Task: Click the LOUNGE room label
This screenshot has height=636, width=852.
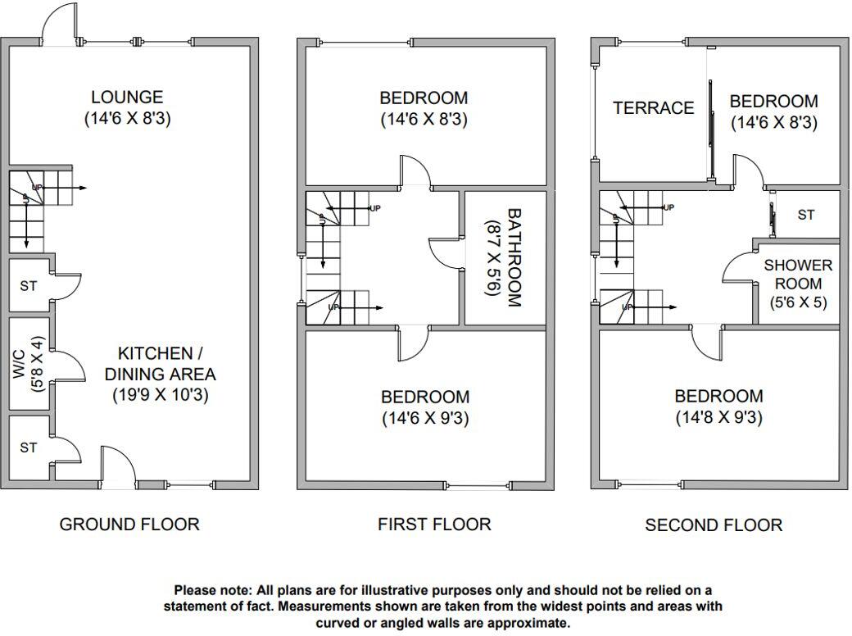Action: [x=127, y=98]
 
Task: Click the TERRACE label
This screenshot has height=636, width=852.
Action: [x=653, y=108]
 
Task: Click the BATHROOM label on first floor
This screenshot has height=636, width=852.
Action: [x=514, y=257]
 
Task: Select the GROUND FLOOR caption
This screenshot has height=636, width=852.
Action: [x=129, y=524]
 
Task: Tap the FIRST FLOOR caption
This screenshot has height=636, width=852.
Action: [x=434, y=524]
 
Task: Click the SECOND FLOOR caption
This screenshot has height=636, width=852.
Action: [x=714, y=525]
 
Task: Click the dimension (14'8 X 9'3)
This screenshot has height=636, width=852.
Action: [x=718, y=417]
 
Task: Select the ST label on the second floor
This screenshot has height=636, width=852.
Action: [x=806, y=215]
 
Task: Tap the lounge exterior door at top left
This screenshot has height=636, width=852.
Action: [x=61, y=22]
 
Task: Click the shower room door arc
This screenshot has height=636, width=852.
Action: [x=737, y=267]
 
